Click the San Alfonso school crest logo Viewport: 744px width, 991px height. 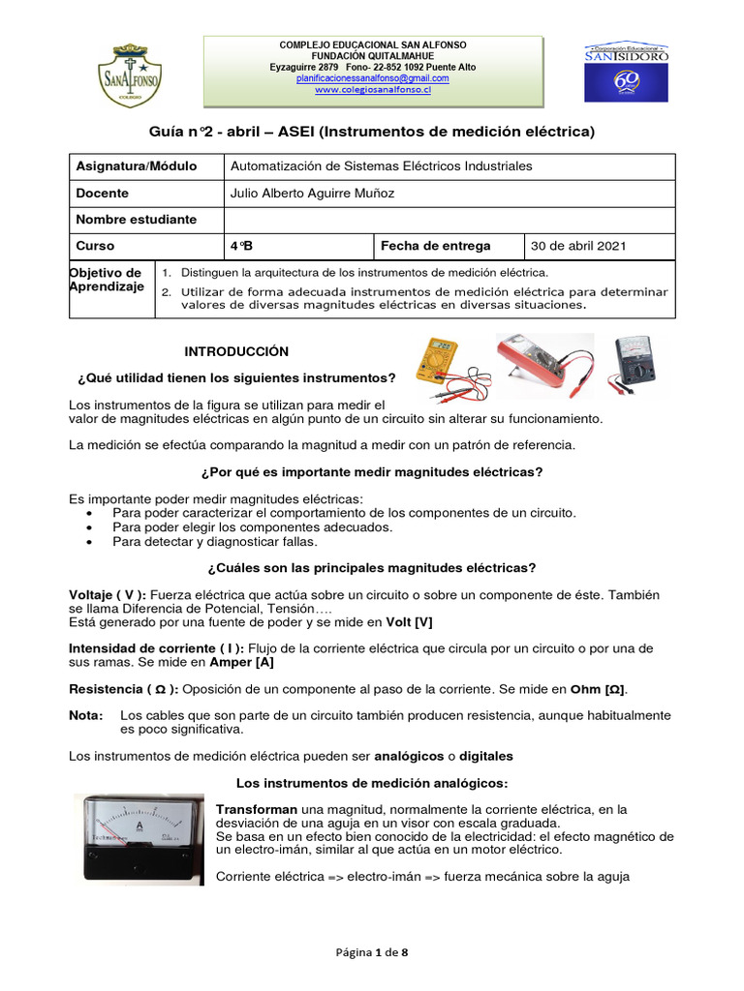(131, 73)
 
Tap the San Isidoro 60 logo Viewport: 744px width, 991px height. (626, 73)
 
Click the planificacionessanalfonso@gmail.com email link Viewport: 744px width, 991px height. (372, 77)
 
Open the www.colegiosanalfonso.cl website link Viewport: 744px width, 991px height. (372, 90)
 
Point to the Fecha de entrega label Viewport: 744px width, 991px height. (435, 246)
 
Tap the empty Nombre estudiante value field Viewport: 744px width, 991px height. (449, 220)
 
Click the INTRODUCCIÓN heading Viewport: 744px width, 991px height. (236, 351)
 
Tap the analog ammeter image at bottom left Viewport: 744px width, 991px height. (139, 837)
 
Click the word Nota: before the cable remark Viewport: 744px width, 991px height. (86, 714)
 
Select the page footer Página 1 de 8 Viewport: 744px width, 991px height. (371, 952)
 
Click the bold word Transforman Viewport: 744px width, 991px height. (256, 809)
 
